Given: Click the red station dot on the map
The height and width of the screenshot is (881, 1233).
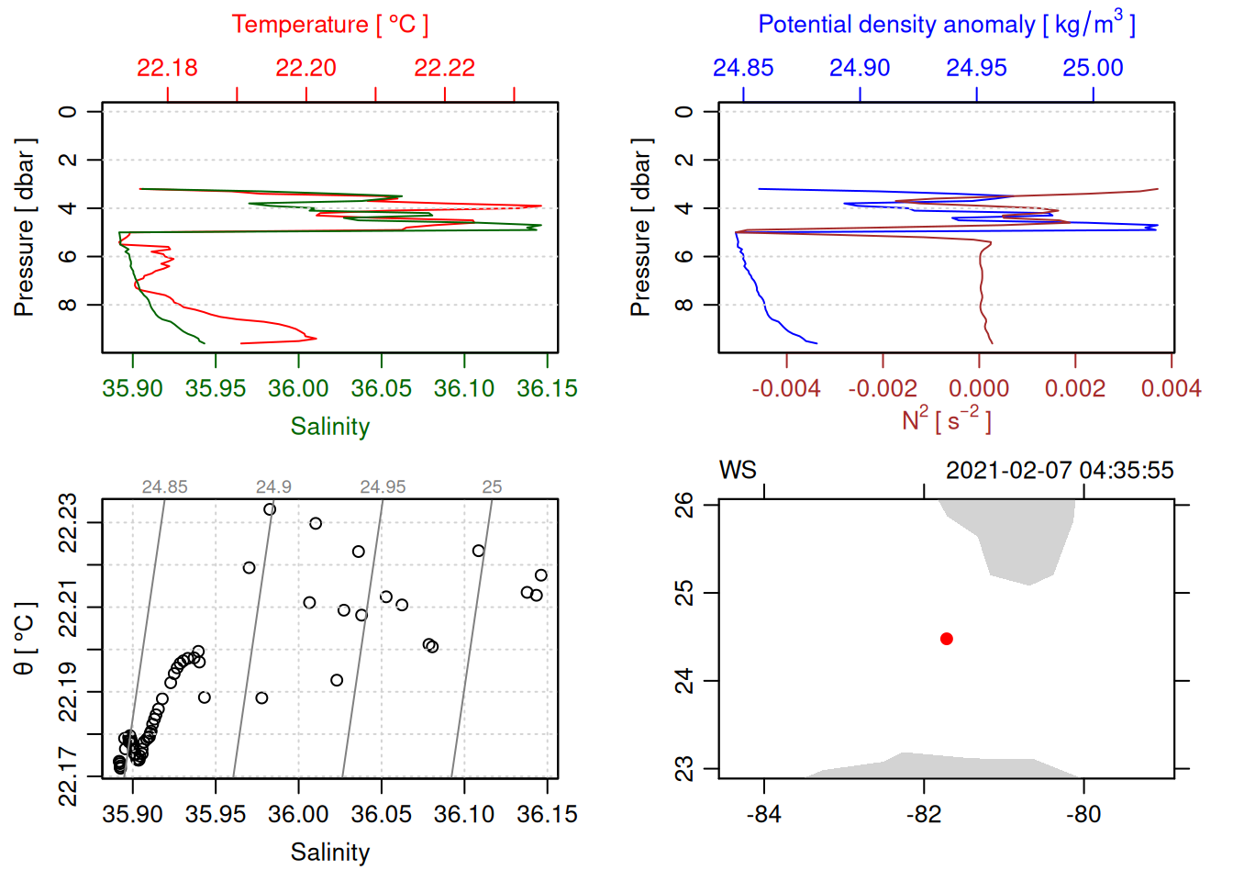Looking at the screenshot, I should tap(946, 639).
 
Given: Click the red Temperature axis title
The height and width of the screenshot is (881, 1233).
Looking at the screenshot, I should tap(329, 25).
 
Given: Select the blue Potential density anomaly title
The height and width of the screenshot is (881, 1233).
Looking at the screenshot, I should tap(946, 25).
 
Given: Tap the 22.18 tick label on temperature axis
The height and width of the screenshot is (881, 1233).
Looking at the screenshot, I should tap(167, 68).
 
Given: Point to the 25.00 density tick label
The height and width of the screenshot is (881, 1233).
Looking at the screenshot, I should tap(1093, 68).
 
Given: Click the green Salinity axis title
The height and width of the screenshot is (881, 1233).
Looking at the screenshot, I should tap(329, 427).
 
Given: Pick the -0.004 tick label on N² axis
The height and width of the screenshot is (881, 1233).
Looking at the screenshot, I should tap(786, 389).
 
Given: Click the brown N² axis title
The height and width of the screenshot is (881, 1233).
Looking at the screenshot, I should tap(946, 420).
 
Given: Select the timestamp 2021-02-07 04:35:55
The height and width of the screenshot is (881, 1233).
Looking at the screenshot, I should tap(1060, 471).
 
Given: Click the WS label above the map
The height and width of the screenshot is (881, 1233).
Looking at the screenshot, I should tap(738, 471).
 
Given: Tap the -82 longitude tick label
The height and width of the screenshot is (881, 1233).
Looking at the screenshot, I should tap(924, 815).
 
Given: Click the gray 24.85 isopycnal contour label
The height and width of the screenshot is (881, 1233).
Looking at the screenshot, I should tap(164, 487).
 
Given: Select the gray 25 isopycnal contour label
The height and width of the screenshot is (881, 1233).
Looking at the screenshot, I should tap(492, 487).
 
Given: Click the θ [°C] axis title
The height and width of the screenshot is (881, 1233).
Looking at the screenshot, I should tap(24, 639).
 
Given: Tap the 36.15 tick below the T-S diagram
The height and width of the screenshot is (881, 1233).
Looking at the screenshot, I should tap(547, 815).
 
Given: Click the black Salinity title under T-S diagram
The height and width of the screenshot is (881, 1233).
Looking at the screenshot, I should tap(329, 853).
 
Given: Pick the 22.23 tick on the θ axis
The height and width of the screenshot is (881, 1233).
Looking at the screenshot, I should tap(69, 524).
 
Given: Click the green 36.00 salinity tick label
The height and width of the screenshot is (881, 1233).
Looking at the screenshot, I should tap(298, 389).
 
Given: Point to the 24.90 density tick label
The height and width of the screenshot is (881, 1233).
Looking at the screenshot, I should tap(860, 68).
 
